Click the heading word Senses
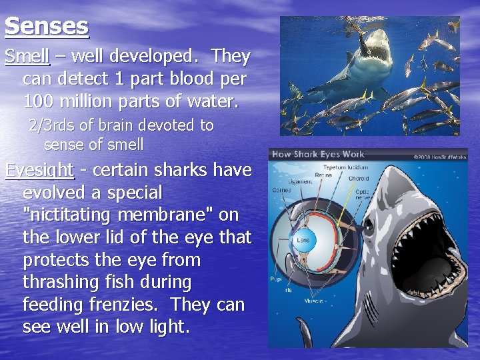(x=47, y=26)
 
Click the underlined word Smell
(x=27, y=57)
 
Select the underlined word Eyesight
(x=39, y=170)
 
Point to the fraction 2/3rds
(x=51, y=125)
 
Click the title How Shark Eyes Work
(x=319, y=155)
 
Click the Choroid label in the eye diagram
(x=359, y=179)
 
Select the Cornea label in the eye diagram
(x=281, y=190)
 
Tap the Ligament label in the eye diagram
(x=299, y=181)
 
